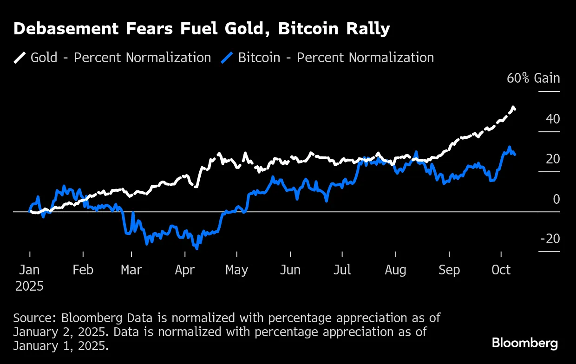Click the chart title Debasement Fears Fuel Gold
tap(202, 29)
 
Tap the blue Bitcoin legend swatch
tap(227, 58)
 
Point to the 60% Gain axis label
tap(533, 78)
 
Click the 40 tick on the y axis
tap(552, 119)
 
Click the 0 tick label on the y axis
tap(556, 199)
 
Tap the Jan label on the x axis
tap(30, 270)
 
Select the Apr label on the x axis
tap(185, 270)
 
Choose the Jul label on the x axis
tap(342, 270)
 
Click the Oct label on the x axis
tap(501, 270)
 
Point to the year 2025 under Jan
tap(30, 286)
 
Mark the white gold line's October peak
tap(513, 108)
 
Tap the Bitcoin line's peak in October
tap(509, 147)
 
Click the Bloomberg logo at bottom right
tap(525, 343)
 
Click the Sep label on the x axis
tap(449, 270)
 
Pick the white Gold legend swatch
tap(20, 58)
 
